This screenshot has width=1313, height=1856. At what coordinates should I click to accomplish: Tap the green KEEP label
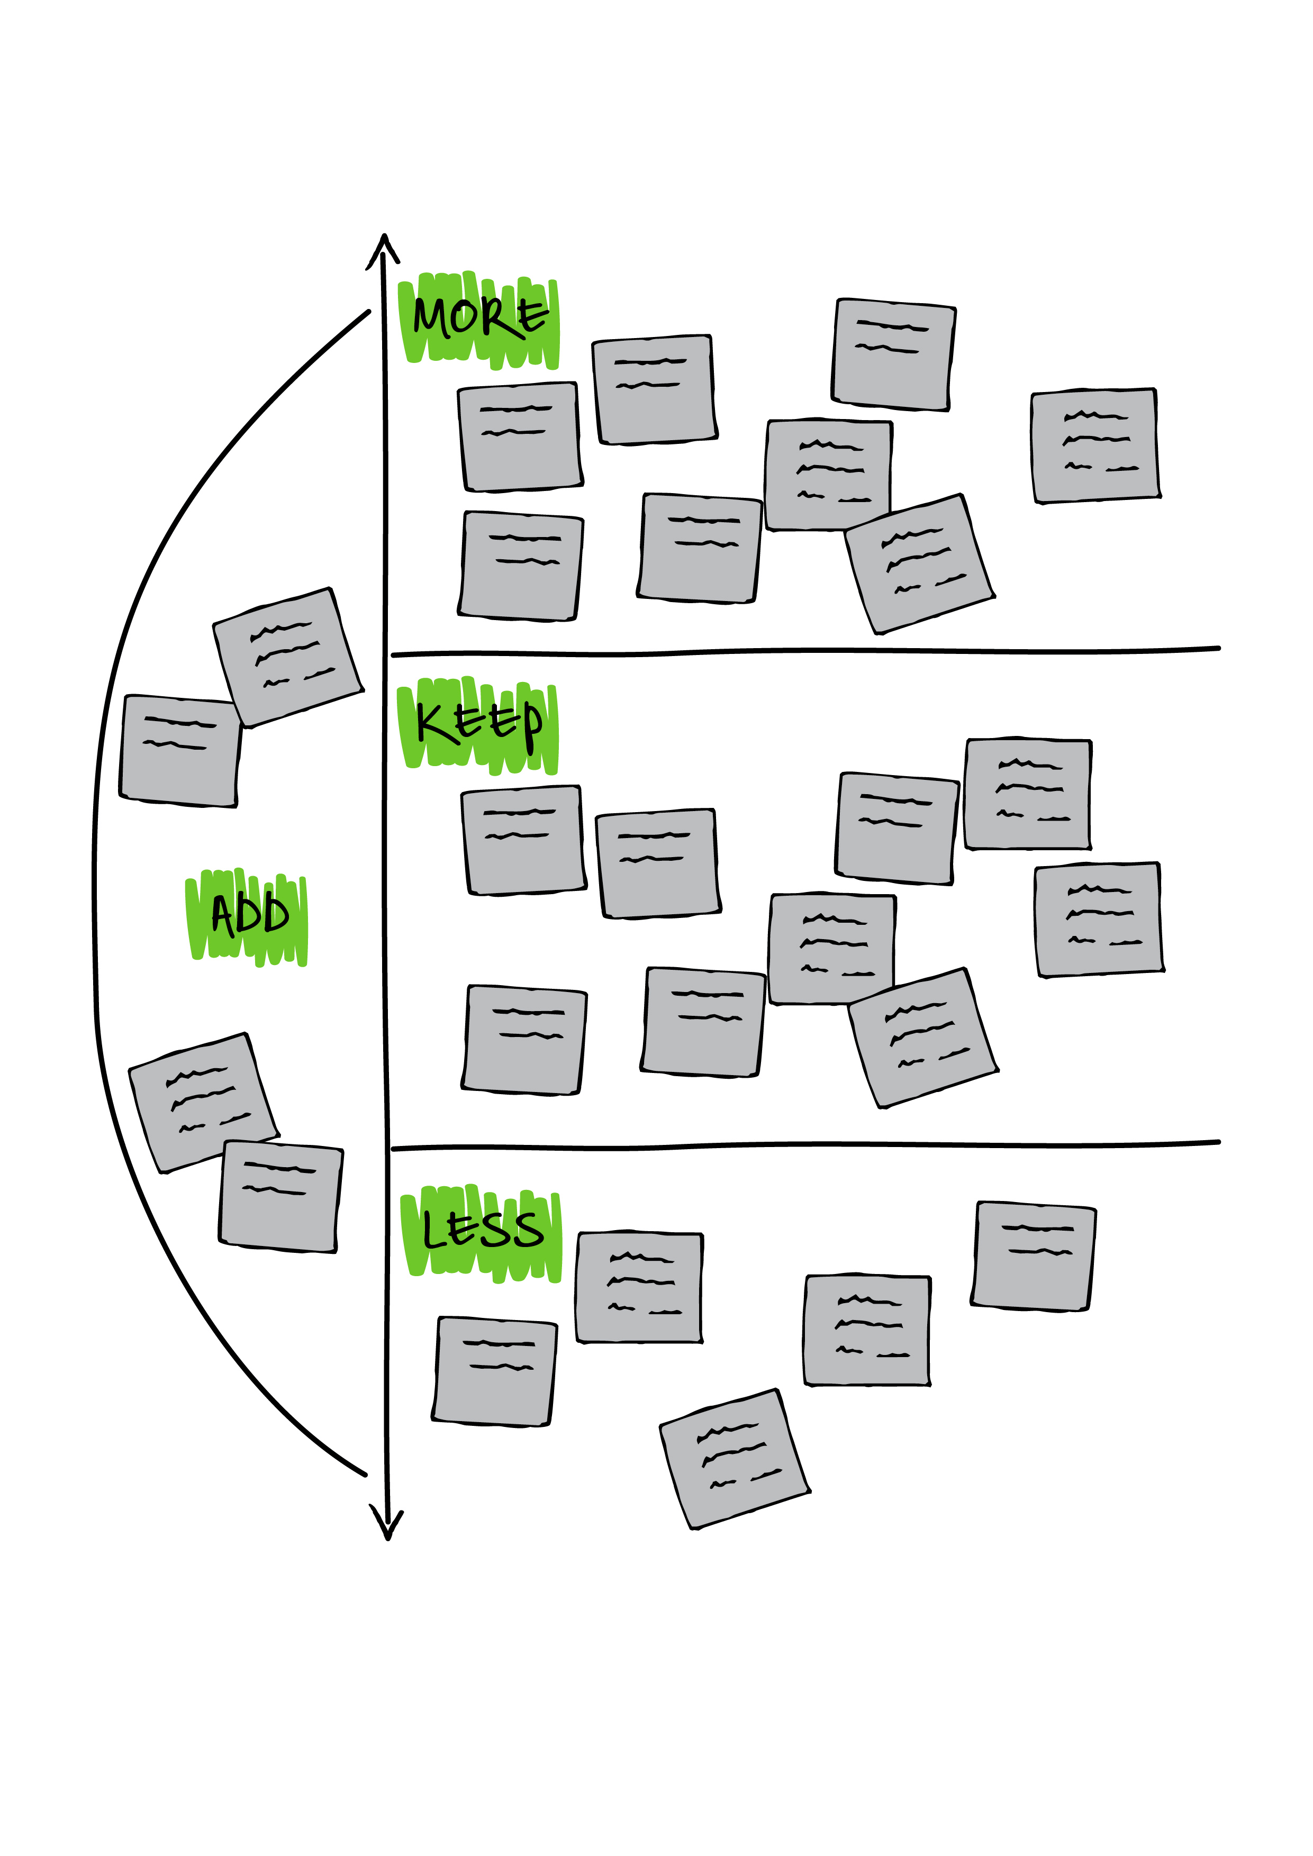tap(478, 725)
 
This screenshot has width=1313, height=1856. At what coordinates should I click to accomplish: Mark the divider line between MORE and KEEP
tap(809, 651)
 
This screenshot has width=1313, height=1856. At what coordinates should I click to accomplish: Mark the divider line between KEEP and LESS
tap(809, 1145)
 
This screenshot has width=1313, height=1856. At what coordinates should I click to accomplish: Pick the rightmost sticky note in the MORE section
tap(1095, 445)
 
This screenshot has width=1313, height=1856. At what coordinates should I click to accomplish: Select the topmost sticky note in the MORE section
tap(893, 355)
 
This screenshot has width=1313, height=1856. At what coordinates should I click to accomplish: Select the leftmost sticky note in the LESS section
tap(494, 1371)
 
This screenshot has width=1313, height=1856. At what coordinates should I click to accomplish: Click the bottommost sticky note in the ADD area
tap(280, 1197)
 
